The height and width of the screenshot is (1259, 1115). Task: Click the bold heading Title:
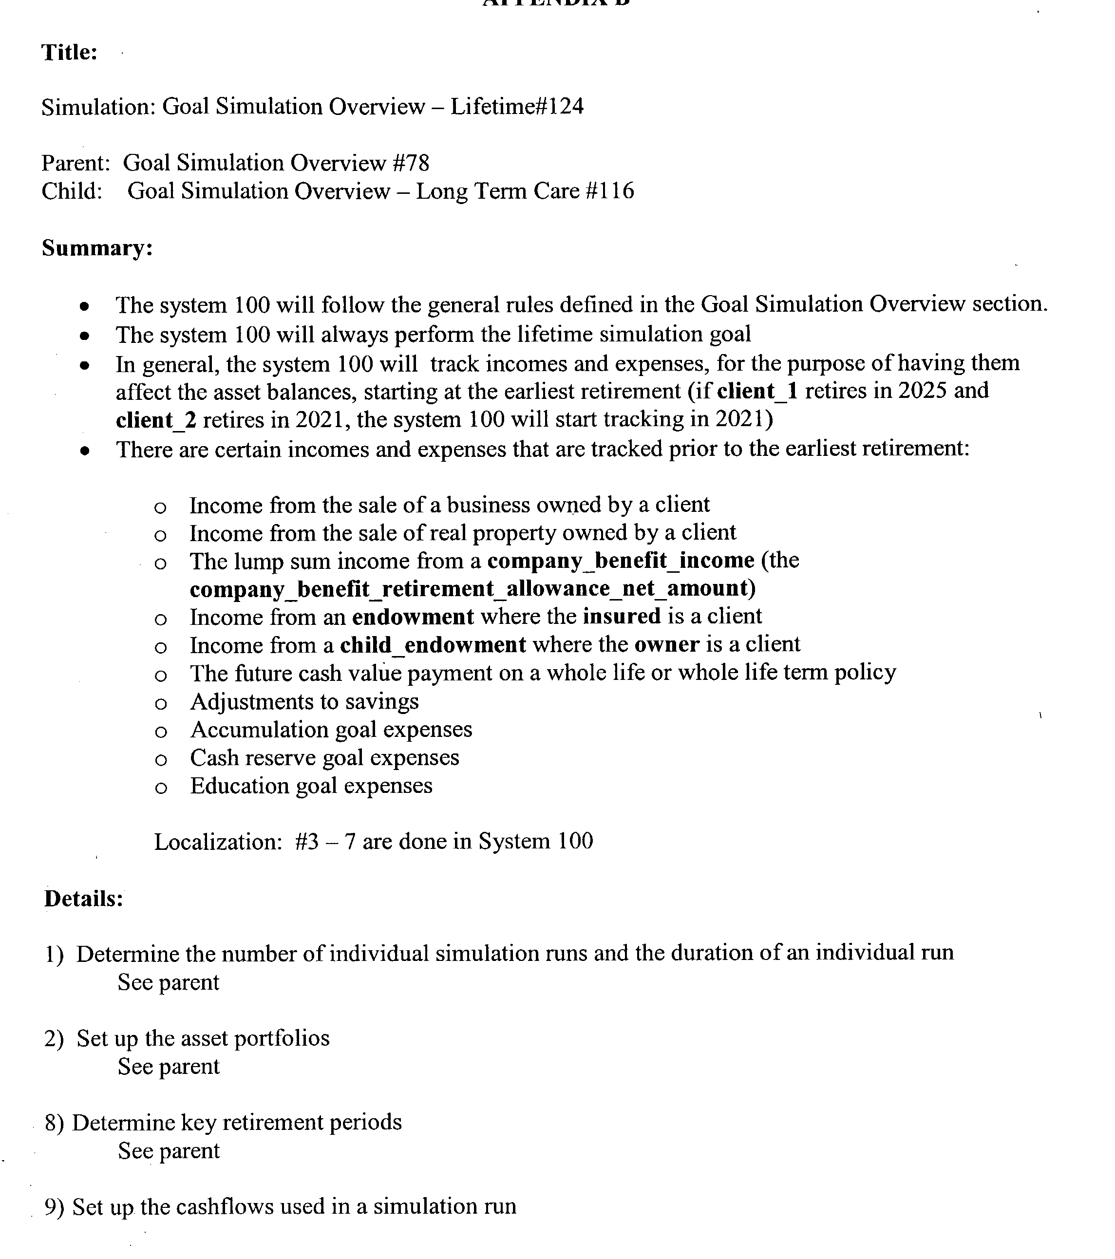point(69,52)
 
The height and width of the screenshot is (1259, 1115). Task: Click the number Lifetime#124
point(516,107)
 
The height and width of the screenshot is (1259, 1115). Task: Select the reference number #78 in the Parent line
point(410,163)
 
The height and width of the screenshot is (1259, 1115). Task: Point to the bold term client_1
point(757,391)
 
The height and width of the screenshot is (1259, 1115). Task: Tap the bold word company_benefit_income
point(620,561)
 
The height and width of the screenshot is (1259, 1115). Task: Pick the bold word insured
point(622,617)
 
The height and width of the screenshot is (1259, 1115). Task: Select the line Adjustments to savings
point(304,701)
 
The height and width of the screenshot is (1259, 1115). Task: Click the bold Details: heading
point(84,899)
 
